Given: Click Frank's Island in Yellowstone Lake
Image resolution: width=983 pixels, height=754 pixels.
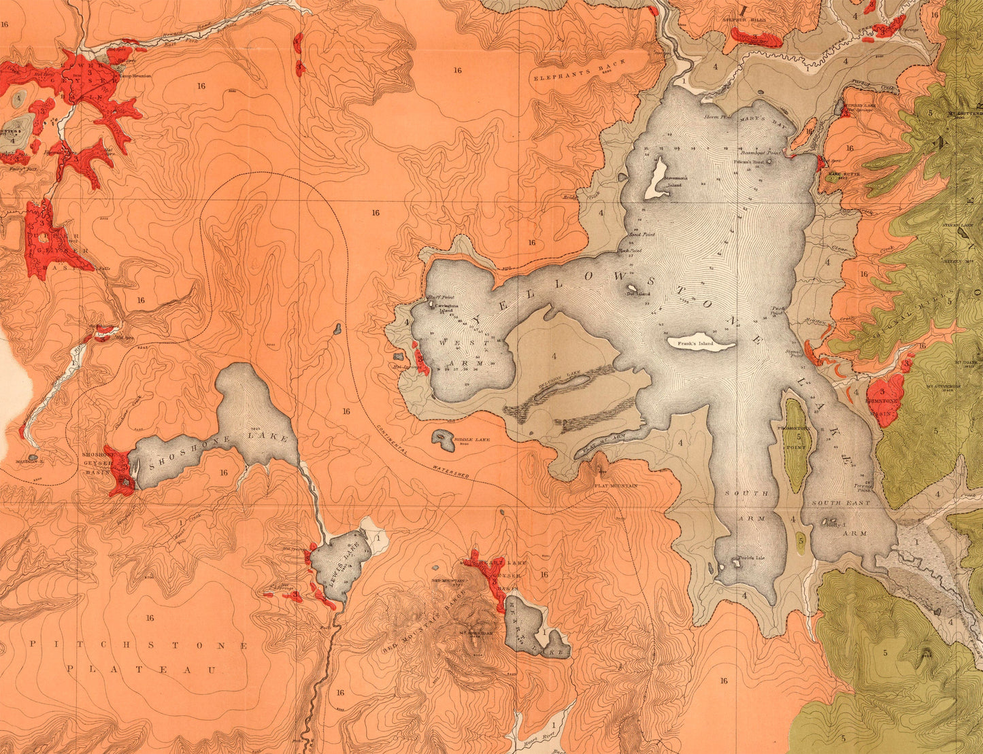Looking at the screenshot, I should [x=701, y=345].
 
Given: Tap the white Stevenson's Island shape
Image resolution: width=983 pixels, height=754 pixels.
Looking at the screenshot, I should [x=657, y=179].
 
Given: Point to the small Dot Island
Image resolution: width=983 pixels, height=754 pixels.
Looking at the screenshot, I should [x=632, y=288].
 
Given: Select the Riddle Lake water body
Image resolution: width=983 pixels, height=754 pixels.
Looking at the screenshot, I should [x=444, y=441].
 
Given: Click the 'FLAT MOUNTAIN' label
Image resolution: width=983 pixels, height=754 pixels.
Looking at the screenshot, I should [x=616, y=486].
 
